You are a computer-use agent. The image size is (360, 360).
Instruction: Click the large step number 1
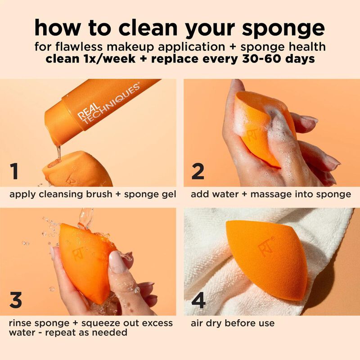15,172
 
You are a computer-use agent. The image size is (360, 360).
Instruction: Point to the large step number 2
198,172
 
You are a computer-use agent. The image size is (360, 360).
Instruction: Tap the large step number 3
16,300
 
